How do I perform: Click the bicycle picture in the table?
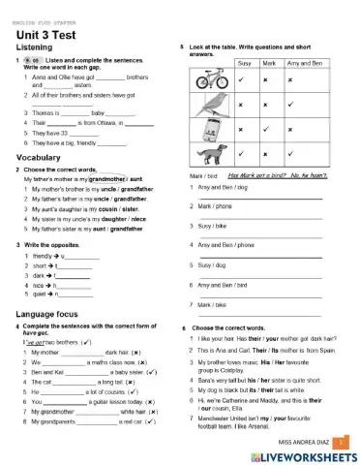tap(206, 80)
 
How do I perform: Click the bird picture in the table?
tap(206, 105)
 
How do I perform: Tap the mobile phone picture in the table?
tap(207, 129)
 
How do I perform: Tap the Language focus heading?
tap(48, 315)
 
